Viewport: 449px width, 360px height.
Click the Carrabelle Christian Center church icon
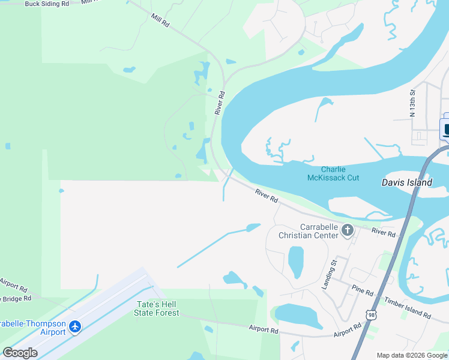click(x=348, y=230)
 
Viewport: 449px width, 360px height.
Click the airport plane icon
click(x=74, y=327)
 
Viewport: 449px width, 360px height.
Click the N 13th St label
click(x=412, y=103)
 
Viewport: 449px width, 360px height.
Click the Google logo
click(x=20, y=353)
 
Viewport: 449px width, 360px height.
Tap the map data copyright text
click(x=412, y=355)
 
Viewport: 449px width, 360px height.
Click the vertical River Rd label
click(x=220, y=103)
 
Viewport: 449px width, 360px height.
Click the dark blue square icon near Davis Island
click(x=445, y=128)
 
